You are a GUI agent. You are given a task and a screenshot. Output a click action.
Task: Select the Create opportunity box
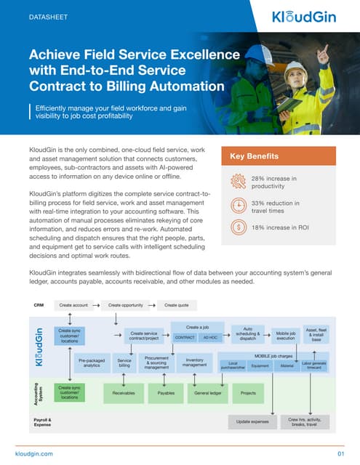click(x=126, y=305)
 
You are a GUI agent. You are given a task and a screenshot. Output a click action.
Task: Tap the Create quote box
click(x=176, y=305)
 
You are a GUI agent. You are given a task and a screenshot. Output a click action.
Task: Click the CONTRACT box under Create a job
click(x=185, y=338)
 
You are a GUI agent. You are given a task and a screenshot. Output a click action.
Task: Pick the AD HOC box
click(x=210, y=338)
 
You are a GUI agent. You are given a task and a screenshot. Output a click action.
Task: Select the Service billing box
click(x=124, y=363)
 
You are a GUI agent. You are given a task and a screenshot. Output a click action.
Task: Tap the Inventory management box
click(x=193, y=362)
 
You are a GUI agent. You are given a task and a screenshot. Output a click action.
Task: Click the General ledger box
click(x=207, y=392)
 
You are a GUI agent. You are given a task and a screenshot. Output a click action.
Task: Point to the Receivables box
click(x=124, y=392)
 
